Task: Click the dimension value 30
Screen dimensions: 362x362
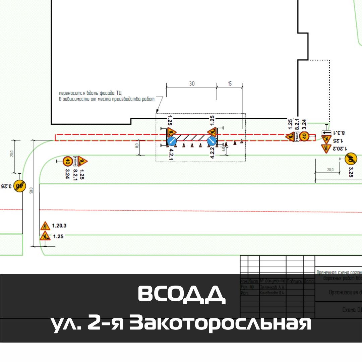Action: (x=192, y=84)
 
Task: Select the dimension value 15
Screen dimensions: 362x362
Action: (x=230, y=84)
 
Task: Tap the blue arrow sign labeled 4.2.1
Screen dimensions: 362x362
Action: (x=172, y=141)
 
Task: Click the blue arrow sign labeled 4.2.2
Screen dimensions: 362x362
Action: (x=212, y=141)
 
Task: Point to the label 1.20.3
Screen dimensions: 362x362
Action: (x=59, y=226)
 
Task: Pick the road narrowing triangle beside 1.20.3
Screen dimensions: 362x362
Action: (x=45, y=226)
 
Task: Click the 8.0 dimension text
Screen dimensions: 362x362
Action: (x=137, y=146)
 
